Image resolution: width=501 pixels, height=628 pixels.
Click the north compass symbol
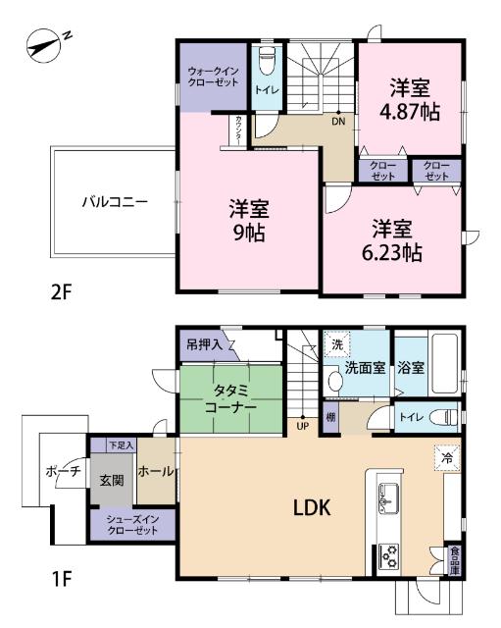[47, 43]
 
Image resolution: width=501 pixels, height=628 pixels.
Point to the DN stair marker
[337, 122]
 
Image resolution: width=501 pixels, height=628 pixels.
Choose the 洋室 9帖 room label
[250, 221]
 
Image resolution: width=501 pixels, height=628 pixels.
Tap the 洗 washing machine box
[336, 344]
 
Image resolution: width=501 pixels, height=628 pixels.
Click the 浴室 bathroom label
[412, 369]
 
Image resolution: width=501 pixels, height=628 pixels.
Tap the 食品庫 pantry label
[454, 562]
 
